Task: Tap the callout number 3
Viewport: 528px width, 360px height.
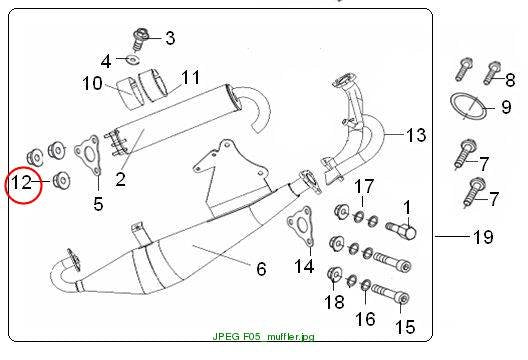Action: pos(170,38)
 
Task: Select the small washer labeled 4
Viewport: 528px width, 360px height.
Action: pos(133,59)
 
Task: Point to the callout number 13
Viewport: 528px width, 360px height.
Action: pos(416,135)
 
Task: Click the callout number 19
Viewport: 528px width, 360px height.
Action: pos(483,237)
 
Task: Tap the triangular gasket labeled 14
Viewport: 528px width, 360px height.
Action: pos(300,226)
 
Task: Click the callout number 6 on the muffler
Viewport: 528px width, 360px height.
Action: pos(261,269)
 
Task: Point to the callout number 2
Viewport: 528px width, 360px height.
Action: pos(120,179)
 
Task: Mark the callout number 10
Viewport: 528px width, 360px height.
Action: pos(92,83)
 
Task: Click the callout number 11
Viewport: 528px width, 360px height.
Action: pos(191,77)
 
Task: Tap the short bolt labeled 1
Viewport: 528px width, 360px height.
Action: pos(401,230)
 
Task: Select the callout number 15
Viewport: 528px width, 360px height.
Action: pos(405,327)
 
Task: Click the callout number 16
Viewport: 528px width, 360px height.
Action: pos(365,319)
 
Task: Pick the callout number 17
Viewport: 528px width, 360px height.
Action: pos(364,186)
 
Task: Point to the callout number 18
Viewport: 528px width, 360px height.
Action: pos(334,302)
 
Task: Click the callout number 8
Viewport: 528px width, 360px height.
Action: pos(510,80)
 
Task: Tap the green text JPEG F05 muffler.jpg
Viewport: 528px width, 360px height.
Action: pos(263,336)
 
